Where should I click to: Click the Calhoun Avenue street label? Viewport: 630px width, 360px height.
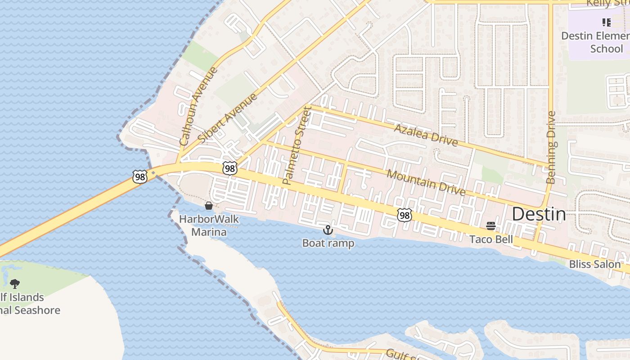tap(198, 106)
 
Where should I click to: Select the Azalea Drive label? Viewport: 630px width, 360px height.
tap(426, 135)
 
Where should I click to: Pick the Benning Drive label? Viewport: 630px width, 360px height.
tap(551, 147)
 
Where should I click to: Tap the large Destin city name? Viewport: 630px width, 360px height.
tap(539, 214)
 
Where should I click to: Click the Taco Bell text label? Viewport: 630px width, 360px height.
tap(491, 239)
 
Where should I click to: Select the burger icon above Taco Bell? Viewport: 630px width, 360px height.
tap(491, 226)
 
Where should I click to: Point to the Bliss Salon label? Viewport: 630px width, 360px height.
tap(594, 264)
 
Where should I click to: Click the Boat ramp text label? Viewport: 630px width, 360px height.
tap(328, 243)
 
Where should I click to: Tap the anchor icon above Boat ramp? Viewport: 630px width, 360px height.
tap(328, 230)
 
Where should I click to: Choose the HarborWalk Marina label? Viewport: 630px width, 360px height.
tap(209, 226)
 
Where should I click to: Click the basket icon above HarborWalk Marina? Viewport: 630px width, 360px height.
tap(209, 206)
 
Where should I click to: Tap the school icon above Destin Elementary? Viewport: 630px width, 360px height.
tap(606, 22)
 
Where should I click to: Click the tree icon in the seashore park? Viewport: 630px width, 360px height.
tap(15, 284)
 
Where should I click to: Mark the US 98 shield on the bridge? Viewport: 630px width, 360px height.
tap(140, 177)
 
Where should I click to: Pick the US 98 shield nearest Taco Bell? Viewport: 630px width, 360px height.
tap(404, 216)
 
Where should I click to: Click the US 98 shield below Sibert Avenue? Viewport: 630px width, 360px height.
tap(230, 169)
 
